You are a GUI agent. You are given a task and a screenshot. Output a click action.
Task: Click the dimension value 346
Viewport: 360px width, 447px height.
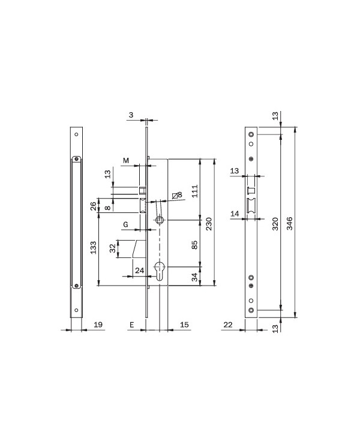289,223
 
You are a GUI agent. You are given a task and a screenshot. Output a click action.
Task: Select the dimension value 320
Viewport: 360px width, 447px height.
275,224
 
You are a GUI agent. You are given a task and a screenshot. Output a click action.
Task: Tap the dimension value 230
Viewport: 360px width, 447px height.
209,224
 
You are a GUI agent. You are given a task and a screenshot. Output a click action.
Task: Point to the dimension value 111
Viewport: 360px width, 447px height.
194,191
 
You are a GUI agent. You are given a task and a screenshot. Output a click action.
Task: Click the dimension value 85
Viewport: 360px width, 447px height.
194,245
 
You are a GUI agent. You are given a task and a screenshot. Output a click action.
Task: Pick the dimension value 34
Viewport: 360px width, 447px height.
194,277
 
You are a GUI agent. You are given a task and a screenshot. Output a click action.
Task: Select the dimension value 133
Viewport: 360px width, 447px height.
94,247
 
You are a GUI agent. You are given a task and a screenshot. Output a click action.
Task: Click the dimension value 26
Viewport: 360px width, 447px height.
94,206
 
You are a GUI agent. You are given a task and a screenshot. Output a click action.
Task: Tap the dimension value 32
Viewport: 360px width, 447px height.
113,248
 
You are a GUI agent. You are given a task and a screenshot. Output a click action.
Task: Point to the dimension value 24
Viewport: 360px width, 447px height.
139,270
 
